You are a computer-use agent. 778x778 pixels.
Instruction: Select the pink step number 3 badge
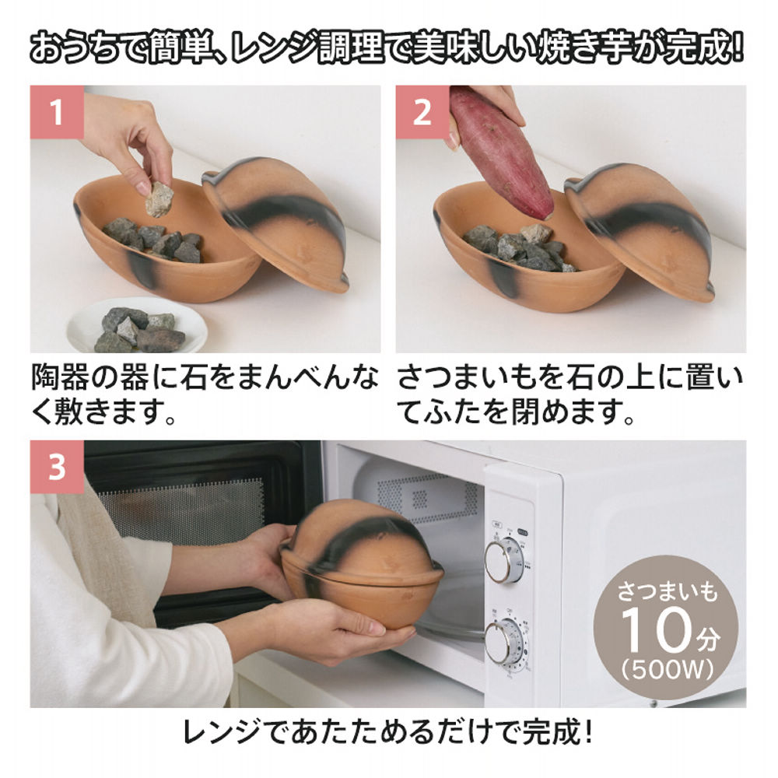click(x=57, y=467)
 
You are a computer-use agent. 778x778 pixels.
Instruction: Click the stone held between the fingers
click(x=159, y=198)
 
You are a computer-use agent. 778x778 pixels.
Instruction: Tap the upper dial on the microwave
click(x=503, y=560)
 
